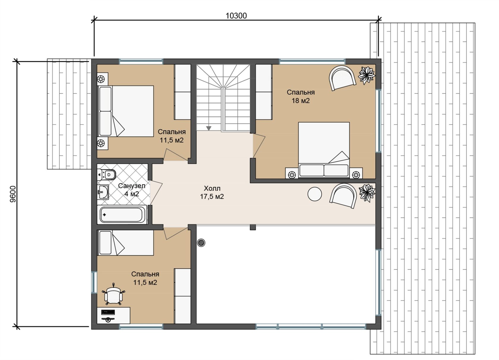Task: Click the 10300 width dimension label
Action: point(236,16)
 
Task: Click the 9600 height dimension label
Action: point(13,194)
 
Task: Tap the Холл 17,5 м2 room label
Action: point(212,192)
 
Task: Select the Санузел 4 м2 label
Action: point(131,190)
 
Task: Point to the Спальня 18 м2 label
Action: point(301,96)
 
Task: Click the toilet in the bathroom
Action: point(106,175)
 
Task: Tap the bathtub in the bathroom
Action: point(122,215)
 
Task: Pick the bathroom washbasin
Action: point(103,192)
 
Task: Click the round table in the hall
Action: point(315,194)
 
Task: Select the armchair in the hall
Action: point(343,196)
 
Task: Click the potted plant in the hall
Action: point(367,193)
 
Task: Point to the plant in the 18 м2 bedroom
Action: point(367,76)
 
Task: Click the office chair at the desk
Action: point(113,294)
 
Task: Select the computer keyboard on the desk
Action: point(108,312)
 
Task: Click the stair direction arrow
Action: point(209,128)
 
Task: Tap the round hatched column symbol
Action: point(201,243)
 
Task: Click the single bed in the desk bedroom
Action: point(126,243)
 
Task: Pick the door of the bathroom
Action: point(156,192)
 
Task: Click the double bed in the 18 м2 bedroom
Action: point(324,150)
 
